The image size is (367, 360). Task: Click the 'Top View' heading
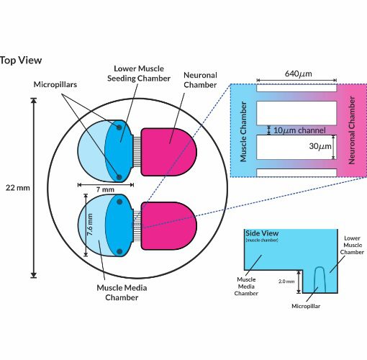pos(21,60)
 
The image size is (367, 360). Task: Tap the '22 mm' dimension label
pos(18,188)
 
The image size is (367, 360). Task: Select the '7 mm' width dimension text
pos(105,189)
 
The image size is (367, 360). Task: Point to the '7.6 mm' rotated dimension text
pos(90,225)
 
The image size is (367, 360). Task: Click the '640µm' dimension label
pos(299,73)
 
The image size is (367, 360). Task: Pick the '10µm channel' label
pos(299,130)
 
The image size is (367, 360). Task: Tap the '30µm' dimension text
pos(320,146)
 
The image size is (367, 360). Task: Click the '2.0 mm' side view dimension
pos(286,282)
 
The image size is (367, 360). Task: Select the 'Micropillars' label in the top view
pos(55,84)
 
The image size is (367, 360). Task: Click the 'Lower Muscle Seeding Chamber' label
pos(139,73)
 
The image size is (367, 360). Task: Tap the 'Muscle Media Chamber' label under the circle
pos(122,292)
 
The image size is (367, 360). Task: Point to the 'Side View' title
pos(262,233)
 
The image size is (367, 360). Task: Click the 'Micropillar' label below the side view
pos(306,306)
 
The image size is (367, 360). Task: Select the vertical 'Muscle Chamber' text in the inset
pos(243,132)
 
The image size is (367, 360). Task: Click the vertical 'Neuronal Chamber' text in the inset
pos(352,130)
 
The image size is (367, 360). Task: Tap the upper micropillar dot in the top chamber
pos(119,127)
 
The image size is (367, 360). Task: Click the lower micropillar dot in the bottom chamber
pos(119,251)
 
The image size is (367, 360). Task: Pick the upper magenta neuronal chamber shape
pos(168,152)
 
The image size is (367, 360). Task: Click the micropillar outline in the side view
pos(320,279)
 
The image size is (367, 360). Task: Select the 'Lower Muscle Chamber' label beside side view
pos(352,245)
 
